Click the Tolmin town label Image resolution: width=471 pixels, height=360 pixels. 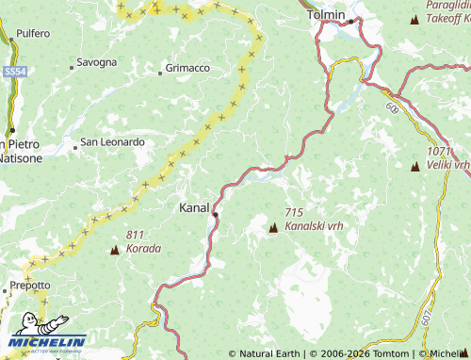[328, 15]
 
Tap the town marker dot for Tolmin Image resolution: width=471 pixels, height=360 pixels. [350, 21]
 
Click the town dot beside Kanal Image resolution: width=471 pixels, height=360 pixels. [216, 215]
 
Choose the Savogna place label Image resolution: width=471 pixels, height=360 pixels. [97, 62]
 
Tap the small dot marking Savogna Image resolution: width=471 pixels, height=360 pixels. [72, 67]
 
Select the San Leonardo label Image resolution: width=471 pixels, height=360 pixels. [112, 142]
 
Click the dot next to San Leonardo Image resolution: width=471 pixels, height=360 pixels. [74, 147]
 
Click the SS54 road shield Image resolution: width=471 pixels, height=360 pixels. [13, 71]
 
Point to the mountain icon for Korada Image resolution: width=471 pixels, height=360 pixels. [115, 250]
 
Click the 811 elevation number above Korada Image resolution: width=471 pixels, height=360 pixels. [136, 235]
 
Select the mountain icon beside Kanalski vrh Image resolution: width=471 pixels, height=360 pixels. [273, 227]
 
